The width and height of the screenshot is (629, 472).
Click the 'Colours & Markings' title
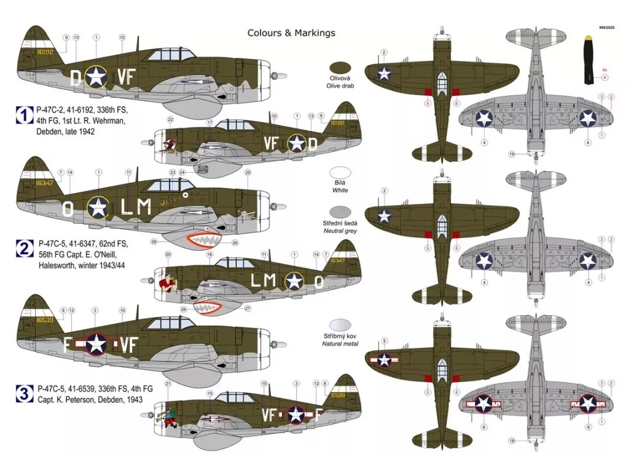coord(291,33)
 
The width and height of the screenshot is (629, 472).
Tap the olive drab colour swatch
coord(340,68)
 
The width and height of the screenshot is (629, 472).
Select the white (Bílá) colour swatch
coord(340,174)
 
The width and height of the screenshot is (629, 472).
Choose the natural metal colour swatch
coord(340,324)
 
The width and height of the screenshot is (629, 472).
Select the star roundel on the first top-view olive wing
coord(385,74)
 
